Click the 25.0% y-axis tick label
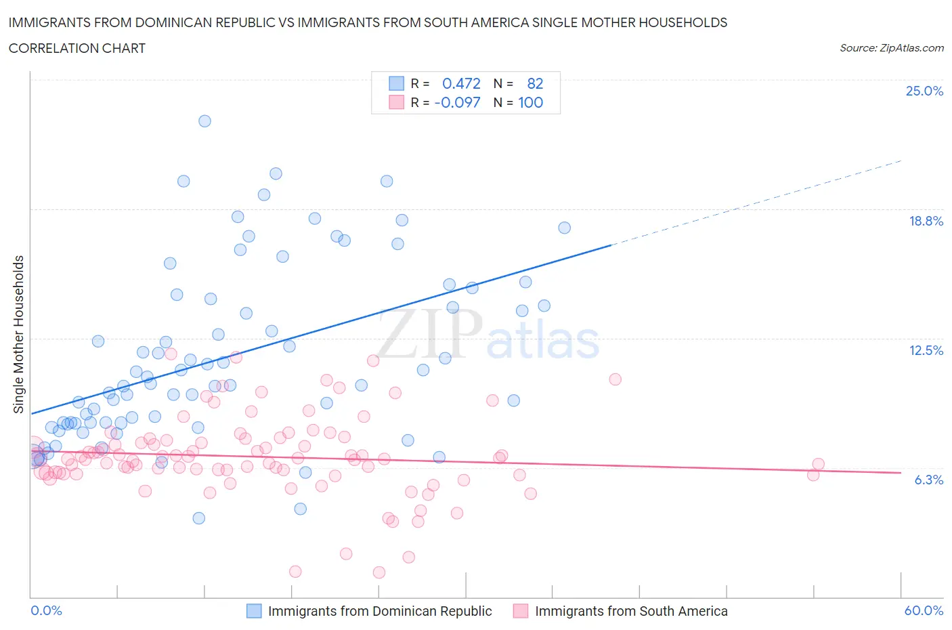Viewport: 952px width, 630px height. click(924, 91)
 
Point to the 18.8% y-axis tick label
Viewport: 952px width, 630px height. click(926, 221)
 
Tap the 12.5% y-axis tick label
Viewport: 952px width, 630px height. click(926, 350)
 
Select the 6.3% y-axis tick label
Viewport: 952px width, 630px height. click(928, 480)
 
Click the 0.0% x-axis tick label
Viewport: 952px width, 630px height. click(46, 610)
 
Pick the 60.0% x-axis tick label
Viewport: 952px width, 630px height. click(924, 610)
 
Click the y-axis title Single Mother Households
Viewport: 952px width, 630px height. click(19, 334)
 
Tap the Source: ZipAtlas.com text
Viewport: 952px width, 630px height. click(891, 48)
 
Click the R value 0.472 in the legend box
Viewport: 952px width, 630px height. click(461, 83)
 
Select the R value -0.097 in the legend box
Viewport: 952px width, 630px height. click(457, 102)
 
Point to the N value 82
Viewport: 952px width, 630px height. click(535, 83)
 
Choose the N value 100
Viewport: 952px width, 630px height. click(531, 102)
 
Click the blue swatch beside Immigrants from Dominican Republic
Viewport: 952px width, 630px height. click(254, 611)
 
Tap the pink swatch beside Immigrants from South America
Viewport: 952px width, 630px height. click(521, 611)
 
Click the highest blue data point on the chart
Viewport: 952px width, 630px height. click(204, 121)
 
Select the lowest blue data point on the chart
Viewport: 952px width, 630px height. click(198, 518)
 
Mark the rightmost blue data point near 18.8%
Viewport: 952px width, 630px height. click(564, 228)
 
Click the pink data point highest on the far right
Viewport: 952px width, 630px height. click(615, 379)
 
